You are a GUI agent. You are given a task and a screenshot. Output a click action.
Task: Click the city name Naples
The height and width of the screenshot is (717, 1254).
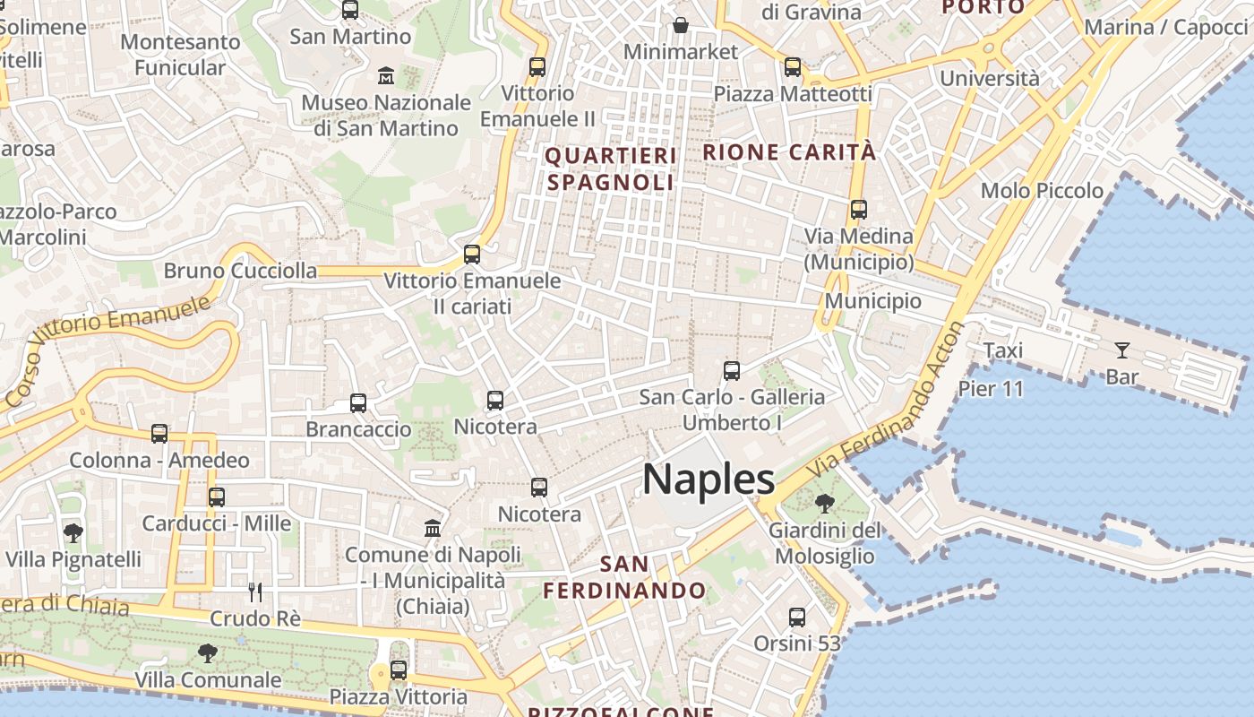click(x=709, y=479)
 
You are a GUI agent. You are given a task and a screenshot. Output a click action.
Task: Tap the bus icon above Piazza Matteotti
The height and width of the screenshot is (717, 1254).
click(x=792, y=66)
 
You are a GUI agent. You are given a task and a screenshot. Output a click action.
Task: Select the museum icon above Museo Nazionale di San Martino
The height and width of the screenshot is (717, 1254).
click(x=386, y=74)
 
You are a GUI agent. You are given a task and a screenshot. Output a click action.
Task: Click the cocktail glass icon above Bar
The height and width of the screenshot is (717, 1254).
click(x=1121, y=350)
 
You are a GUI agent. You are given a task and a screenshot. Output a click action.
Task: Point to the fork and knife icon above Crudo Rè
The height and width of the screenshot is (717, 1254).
click(x=255, y=592)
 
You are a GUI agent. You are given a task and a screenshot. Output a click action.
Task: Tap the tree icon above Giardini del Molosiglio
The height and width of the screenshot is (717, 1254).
click(x=824, y=504)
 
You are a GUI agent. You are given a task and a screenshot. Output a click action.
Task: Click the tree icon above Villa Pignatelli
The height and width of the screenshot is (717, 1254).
click(x=73, y=533)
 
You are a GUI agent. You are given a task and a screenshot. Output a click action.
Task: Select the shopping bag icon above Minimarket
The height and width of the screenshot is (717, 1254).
click(x=681, y=24)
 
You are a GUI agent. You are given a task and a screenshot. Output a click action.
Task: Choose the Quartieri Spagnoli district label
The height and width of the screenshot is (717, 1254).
click(x=611, y=168)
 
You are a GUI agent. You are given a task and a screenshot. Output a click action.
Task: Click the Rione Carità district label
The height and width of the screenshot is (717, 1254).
click(x=789, y=152)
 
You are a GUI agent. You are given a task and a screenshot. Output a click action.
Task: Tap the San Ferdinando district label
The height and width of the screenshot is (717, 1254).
click(x=624, y=577)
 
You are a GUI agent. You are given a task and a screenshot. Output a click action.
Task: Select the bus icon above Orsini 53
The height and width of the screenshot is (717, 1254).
click(x=797, y=617)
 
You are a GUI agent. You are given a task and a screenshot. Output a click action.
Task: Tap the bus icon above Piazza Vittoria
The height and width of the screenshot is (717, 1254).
click(x=399, y=669)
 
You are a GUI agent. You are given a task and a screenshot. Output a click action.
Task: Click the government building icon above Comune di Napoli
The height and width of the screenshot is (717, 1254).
click(x=433, y=528)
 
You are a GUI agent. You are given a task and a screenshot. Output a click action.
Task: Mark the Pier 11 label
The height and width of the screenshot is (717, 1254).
click(x=991, y=389)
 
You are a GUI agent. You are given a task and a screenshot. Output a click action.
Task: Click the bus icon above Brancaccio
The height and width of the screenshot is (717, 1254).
click(x=358, y=402)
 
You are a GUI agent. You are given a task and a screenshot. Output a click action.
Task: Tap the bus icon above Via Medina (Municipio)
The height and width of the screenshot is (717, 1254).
click(x=858, y=210)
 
